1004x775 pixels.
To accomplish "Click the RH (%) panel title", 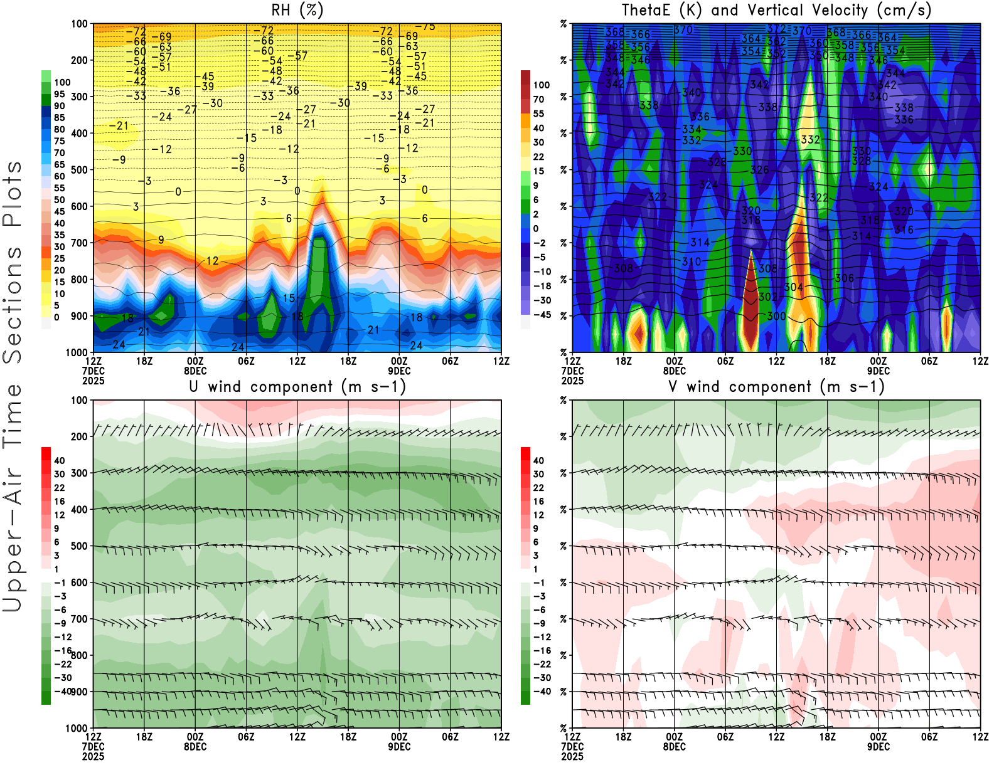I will tap(297, 11).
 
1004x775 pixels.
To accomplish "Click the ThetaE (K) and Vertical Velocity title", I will tap(776, 11).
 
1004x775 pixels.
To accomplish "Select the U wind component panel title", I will tap(297, 387).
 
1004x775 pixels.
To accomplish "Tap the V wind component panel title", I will tap(776, 387).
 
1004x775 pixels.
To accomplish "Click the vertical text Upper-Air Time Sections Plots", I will tap(13, 387).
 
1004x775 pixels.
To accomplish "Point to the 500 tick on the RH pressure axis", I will tap(80, 170).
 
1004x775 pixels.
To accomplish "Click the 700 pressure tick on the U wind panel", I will tap(80, 619).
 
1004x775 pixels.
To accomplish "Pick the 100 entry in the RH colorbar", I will tap(62, 82).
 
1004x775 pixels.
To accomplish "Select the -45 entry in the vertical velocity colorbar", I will tap(542, 315).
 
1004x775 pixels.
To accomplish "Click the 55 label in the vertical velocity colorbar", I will tap(538, 114).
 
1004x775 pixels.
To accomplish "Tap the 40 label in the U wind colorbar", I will tap(60, 460).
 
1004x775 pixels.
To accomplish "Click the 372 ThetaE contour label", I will tap(776, 29).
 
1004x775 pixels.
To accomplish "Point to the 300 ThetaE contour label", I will tap(776, 316).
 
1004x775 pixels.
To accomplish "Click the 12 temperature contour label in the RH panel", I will tap(213, 261).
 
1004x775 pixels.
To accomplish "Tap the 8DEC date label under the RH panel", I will tap(195, 371).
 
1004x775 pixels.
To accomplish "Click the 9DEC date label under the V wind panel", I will tap(878, 747).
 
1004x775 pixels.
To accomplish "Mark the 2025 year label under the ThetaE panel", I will tap(572, 381).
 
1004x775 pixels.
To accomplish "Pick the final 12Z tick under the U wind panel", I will tap(501, 737).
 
